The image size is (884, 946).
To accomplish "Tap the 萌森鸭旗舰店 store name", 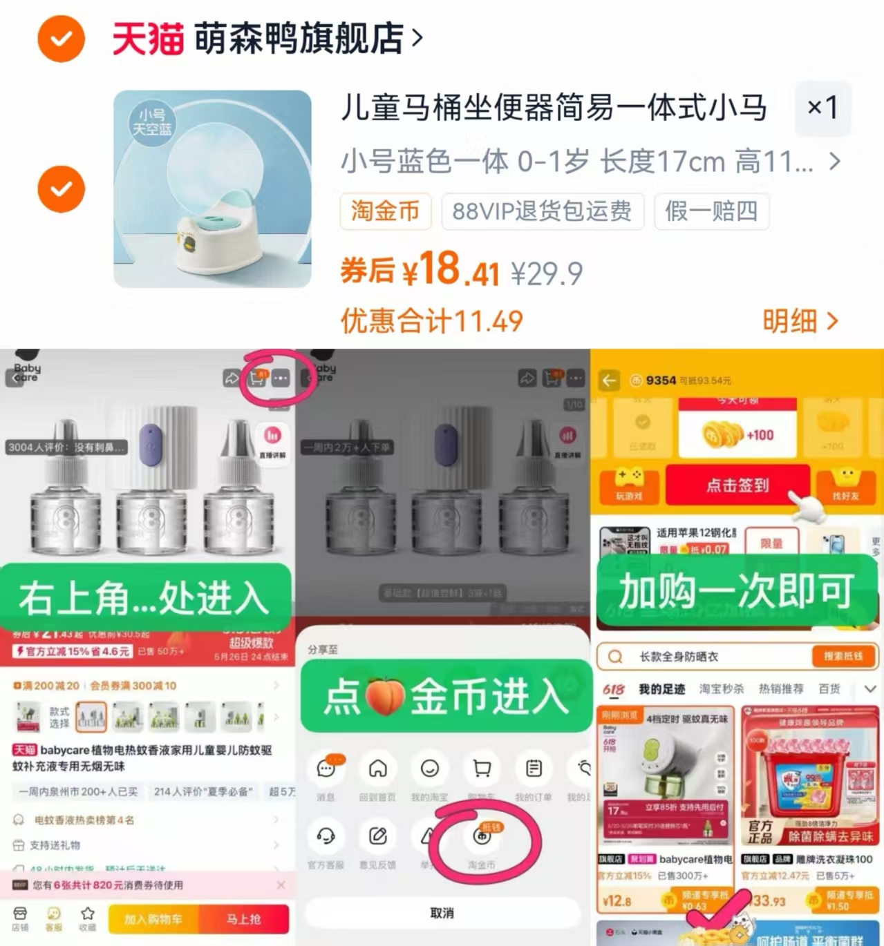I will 299,38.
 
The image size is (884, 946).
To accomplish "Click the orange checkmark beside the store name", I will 62,39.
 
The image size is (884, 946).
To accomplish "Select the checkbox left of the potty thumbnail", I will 62,189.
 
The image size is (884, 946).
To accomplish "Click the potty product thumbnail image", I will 212,189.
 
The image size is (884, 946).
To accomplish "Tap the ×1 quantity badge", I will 822,108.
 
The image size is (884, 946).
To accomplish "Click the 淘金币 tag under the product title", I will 385,211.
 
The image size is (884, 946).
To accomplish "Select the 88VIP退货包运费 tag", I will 542,211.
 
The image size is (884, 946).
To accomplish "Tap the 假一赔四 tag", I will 711,211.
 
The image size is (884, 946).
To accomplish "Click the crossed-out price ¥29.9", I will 547,274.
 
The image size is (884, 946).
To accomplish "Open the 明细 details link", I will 800,321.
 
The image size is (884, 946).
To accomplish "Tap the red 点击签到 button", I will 737,485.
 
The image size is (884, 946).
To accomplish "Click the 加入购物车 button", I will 153,919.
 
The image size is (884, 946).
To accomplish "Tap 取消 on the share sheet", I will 442,913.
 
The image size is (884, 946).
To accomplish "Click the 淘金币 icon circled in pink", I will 482,836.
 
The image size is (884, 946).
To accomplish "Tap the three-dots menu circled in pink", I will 281,378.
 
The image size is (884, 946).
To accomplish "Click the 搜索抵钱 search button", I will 843,656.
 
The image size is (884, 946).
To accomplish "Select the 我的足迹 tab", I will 661,688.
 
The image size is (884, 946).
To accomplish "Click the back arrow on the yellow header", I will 609,380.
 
